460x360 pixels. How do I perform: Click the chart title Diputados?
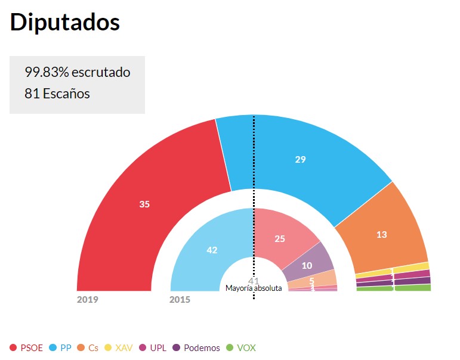coord(65,23)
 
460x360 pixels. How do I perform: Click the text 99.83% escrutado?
coord(77,73)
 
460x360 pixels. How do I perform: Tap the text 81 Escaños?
coord(57,94)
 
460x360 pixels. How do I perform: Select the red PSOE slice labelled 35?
coord(144,204)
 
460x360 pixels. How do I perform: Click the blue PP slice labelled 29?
coord(301,159)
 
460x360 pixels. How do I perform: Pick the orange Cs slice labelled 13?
coord(382,234)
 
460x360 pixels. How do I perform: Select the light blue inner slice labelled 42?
coord(212,250)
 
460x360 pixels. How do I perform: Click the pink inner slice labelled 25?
coord(280,238)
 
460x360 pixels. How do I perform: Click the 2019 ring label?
coord(87,299)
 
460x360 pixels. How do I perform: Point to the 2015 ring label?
coord(180,299)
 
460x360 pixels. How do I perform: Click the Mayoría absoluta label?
coord(254,288)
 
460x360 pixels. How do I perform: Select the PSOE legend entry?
coord(26,348)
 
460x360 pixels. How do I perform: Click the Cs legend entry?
coord(88,348)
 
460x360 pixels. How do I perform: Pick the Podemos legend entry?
coord(196,348)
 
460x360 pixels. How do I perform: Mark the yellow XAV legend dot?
coord(108,348)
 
